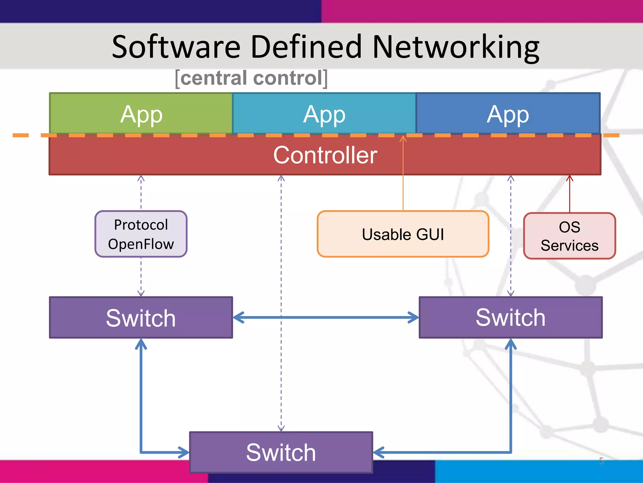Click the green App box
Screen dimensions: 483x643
[x=141, y=114]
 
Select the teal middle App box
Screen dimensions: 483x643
[x=324, y=114]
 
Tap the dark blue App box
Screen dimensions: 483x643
[x=508, y=114]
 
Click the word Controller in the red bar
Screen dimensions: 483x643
[x=325, y=155]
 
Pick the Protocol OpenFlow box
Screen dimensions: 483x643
[x=141, y=234]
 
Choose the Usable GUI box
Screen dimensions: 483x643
[x=403, y=234]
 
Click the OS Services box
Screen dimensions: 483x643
[x=570, y=236]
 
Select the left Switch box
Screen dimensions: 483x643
[x=141, y=318]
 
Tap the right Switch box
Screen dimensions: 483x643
[x=511, y=317]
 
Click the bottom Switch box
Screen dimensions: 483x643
[x=281, y=452]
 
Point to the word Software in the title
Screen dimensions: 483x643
[x=176, y=47]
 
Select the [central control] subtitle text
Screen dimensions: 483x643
[x=251, y=78]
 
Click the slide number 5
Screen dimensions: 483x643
[x=601, y=461]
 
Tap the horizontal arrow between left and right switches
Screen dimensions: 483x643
[x=326, y=317]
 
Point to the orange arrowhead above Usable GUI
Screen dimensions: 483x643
[x=403, y=139]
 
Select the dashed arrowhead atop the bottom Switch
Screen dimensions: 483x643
[x=281, y=428]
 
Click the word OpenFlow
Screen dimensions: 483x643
[x=141, y=244]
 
